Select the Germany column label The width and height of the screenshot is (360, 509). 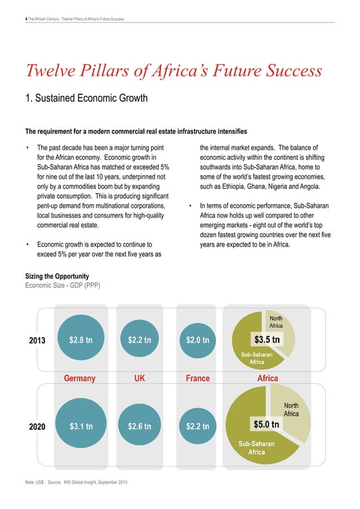coord(80,378)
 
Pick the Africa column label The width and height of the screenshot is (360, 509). coord(267,378)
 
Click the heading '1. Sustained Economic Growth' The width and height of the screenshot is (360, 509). coord(84,99)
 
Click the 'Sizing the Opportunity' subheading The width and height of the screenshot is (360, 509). coord(56,276)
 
